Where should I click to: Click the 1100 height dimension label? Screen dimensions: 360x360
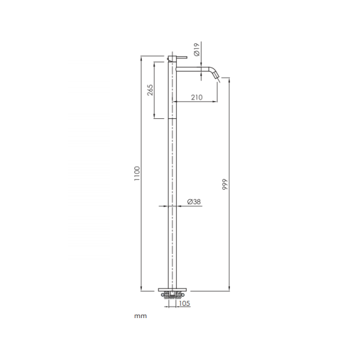pyautogui.click(x=137, y=173)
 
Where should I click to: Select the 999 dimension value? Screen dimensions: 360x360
pyautogui.click(x=225, y=184)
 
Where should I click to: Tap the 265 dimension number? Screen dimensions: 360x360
pyautogui.click(x=150, y=90)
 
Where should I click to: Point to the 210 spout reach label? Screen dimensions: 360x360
pyautogui.click(x=197, y=97)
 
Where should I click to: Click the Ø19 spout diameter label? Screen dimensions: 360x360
pyautogui.click(x=197, y=51)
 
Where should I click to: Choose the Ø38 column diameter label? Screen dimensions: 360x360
pyautogui.click(x=194, y=202)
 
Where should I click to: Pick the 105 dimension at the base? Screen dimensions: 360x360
pyautogui.click(x=184, y=303)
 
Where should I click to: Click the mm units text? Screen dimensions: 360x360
pyautogui.click(x=141, y=316)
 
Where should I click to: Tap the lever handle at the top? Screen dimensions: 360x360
pyautogui.click(x=182, y=57)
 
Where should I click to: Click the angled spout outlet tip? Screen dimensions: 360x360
pyautogui.click(x=216, y=76)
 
